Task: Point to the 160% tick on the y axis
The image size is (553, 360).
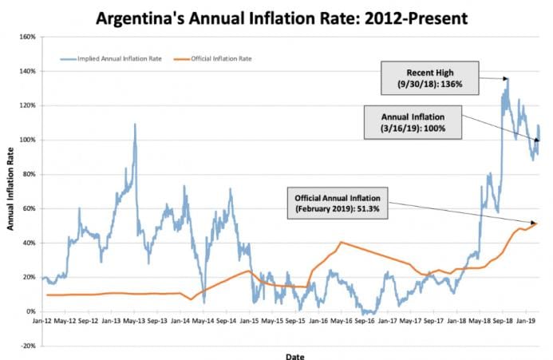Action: click(x=28, y=37)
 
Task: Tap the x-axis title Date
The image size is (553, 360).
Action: click(x=294, y=356)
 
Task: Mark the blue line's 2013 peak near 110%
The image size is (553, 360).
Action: click(x=135, y=125)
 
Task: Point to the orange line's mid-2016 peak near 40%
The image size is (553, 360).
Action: click(x=342, y=242)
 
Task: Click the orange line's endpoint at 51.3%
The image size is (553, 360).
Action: click(x=537, y=223)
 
